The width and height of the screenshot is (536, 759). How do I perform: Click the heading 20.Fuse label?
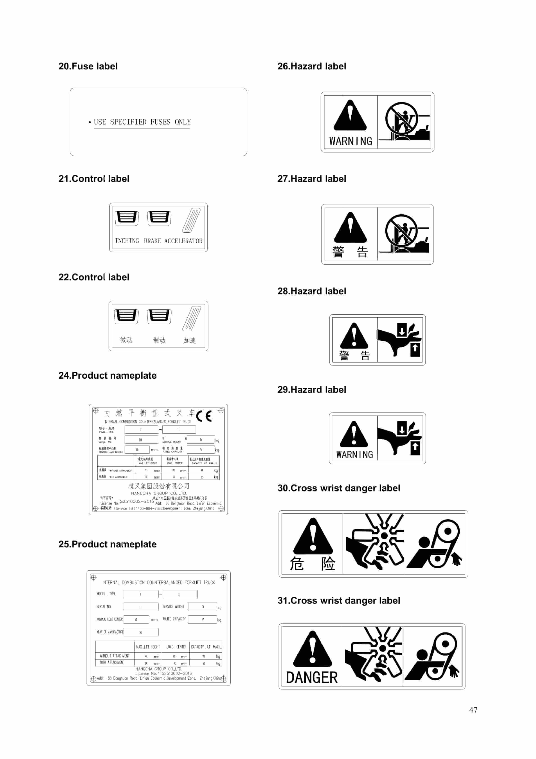coord(88,66)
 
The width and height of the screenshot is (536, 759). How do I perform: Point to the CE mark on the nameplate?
coord(204,416)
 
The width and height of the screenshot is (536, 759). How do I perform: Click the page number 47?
coord(473,710)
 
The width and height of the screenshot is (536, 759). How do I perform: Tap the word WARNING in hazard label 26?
coord(351,141)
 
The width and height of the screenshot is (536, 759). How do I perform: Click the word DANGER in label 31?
coord(312,677)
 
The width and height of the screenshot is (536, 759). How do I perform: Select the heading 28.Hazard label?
coord(312,291)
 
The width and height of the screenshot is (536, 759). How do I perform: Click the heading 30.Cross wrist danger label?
coord(339,488)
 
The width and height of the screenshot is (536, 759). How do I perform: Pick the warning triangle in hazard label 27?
coord(350,228)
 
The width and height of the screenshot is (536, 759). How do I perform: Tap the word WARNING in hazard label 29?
coord(354,455)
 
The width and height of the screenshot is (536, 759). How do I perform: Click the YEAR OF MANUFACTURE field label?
coord(110,632)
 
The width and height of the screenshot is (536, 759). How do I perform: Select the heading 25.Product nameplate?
coord(107,544)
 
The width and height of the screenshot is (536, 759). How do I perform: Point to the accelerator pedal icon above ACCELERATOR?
coord(191,220)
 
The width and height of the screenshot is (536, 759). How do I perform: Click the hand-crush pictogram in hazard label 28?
coord(400,340)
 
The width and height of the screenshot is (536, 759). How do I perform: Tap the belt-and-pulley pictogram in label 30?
coord(435,544)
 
